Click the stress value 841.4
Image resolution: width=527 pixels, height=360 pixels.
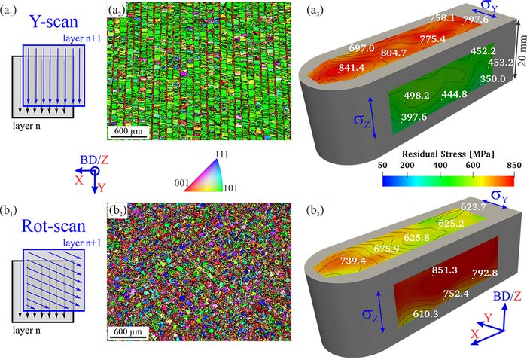(352, 68)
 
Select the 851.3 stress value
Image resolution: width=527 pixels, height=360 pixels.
(445, 270)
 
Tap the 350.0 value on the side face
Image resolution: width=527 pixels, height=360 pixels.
(492, 78)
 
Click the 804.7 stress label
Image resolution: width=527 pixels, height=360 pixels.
(394, 53)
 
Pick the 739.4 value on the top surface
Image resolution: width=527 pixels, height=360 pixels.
(353, 261)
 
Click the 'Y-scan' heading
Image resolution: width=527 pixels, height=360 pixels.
(54, 22)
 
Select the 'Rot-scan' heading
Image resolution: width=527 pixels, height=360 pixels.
(53, 226)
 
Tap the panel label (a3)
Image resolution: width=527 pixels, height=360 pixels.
(315, 11)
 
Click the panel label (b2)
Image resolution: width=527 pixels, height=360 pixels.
(117, 210)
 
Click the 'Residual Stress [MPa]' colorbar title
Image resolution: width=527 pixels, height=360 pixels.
(448, 154)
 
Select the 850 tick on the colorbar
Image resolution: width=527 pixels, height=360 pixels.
(514, 166)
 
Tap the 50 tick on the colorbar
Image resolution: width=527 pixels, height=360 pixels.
(382, 166)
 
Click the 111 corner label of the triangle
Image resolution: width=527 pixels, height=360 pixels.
(221, 154)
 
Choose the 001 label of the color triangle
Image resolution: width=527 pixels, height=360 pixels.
(182, 183)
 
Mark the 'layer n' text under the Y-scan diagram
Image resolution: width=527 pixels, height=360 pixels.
(26, 126)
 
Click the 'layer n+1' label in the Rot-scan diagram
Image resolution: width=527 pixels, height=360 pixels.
(81, 243)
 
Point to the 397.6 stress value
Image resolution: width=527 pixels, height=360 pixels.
(414, 117)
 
